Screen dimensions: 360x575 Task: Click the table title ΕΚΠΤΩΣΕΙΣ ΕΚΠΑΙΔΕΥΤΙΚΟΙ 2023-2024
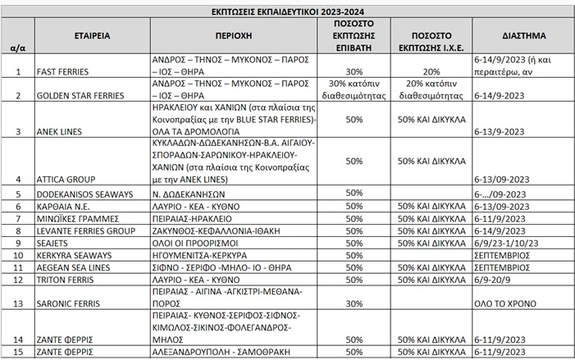[287, 10]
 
